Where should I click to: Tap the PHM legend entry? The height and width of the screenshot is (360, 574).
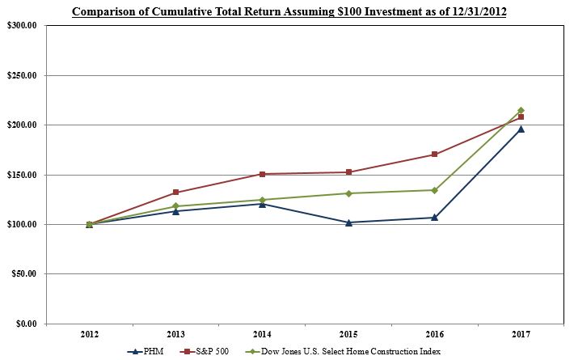click(x=146, y=351)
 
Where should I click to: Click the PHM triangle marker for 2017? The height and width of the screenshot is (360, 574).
click(x=521, y=129)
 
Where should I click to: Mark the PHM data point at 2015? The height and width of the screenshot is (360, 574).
click(x=348, y=222)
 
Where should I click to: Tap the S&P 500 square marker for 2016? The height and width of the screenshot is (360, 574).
click(x=434, y=155)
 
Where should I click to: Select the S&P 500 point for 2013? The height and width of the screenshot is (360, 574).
click(x=175, y=193)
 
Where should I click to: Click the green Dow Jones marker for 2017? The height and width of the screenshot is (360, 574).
click(x=521, y=110)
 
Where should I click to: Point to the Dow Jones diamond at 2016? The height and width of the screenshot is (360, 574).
click(x=434, y=190)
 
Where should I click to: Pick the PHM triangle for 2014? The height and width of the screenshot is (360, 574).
click(x=262, y=204)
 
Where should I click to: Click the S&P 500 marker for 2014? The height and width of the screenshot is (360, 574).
click(x=262, y=174)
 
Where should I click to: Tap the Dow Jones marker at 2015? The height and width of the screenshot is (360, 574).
click(x=348, y=193)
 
